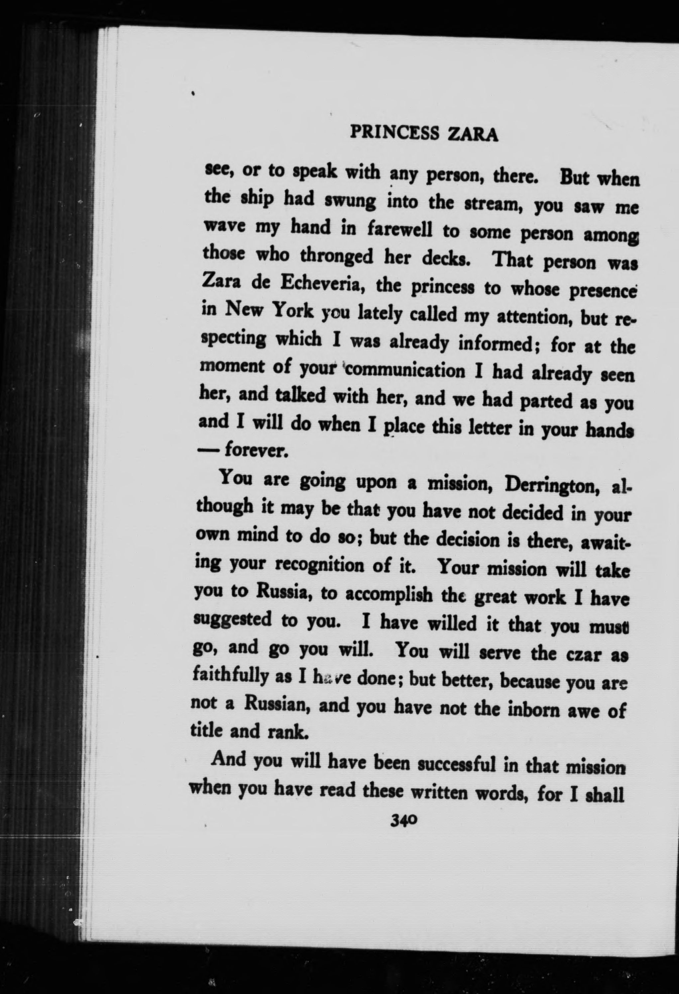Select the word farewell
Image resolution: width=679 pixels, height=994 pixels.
click(x=396, y=231)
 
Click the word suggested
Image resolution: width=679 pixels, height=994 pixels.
click(x=233, y=619)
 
